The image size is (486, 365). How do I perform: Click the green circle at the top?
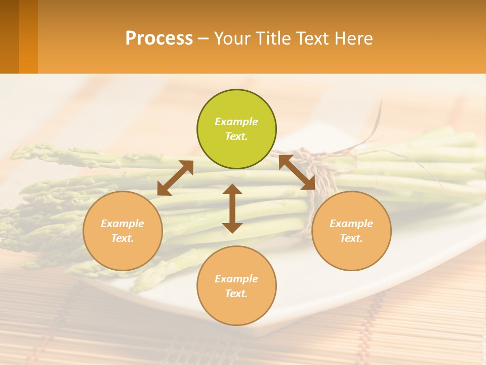tap(236, 129)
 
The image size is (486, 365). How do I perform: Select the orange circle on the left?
tap(123, 231)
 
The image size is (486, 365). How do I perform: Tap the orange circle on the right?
tap(351, 231)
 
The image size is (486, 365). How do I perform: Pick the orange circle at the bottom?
tap(236, 286)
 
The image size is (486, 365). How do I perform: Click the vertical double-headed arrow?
tap(232, 208)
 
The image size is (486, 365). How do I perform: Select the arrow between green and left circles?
tap(175, 178)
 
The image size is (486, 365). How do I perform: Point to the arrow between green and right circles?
tap(297, 172)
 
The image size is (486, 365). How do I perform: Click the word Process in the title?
tap(159, 39)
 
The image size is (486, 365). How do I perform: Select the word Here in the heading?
tap(354, 39)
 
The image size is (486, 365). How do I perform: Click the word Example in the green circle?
tap(236, 122)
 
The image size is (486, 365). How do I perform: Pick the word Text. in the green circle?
tap(236, 136)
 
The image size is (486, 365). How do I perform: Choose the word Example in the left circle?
tap(123, 224)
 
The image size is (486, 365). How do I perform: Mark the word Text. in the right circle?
tap(351, 238)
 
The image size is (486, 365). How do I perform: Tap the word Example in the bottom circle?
tap(236, 279)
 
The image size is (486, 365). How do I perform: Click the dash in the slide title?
tap(204, 39)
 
